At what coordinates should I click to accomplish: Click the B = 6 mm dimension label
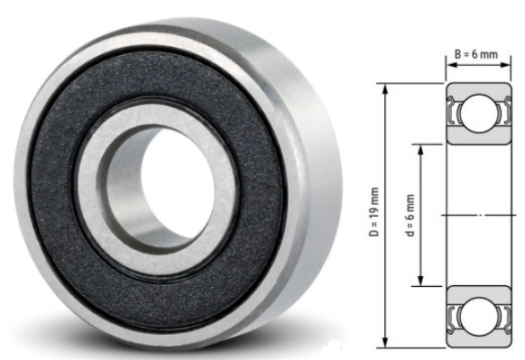coord(476,54)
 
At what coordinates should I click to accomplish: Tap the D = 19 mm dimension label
coord(374,212)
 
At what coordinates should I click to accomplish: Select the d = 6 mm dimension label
coord(410,215)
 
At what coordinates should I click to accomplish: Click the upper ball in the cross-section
coord(478,114)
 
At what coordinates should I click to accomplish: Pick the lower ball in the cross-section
coord(478,317)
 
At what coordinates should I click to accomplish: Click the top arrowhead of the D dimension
coord(385,88)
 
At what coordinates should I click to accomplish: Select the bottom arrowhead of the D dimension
coord(385,343)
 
